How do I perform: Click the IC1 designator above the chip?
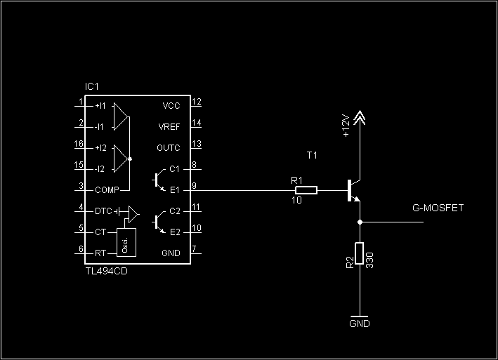92,86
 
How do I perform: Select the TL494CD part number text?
107,272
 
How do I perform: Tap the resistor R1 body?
306,190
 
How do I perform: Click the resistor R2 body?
359,253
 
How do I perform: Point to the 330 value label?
369,260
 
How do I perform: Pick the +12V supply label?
346,126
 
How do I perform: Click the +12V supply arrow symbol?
360,117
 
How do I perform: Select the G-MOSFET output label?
438,208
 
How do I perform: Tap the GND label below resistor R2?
360,324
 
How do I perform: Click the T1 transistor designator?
312,155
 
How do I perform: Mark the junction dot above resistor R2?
360,222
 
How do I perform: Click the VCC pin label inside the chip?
171,106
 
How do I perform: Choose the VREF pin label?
169,127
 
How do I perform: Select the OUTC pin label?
169,148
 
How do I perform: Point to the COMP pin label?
107,190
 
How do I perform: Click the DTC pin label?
103,211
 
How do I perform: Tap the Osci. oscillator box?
126,242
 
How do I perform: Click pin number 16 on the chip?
79,144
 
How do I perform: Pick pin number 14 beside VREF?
197,123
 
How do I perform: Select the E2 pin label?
175,232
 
